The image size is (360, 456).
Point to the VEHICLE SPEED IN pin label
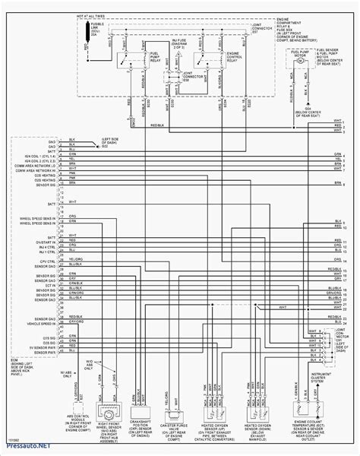[35, 322]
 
